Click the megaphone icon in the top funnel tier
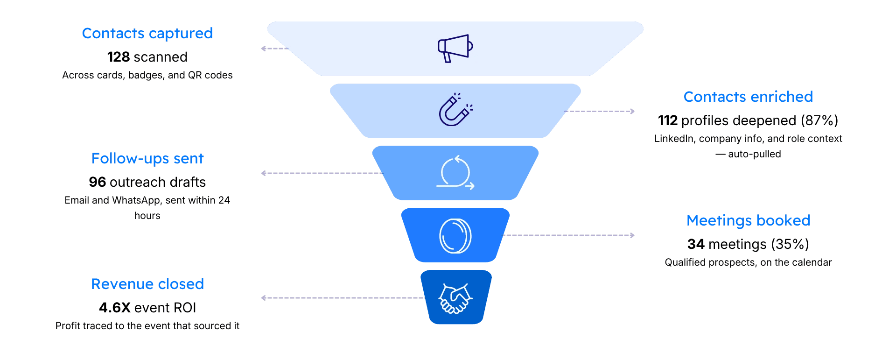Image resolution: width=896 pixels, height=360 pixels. point(455,48)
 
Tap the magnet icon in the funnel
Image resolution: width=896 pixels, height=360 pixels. point(455,110)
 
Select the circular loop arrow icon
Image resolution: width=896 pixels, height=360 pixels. point(455,173)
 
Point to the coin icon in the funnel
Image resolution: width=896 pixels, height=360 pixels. point(455,236)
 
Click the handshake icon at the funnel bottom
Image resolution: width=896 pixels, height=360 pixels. point(455,298)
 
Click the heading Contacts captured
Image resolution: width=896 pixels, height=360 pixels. point(147,34)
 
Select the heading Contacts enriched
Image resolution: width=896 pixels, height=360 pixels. point(748,97)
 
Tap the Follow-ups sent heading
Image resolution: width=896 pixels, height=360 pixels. point(147,159)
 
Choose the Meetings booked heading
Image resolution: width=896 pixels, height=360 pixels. point(748,220)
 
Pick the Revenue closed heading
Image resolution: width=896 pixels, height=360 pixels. point(147,284)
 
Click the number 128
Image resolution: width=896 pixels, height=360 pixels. point(119,57)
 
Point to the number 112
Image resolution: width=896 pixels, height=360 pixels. point(668,120)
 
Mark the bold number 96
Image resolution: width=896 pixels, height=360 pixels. point(98,182)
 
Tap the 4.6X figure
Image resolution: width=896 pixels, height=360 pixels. point(115,308)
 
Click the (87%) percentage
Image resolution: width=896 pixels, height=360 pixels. point(819,120)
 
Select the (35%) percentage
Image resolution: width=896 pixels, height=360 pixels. point(790,244)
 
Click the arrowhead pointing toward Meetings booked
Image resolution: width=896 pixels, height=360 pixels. point(632,235)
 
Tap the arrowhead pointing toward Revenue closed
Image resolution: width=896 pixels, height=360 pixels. point(264,298)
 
